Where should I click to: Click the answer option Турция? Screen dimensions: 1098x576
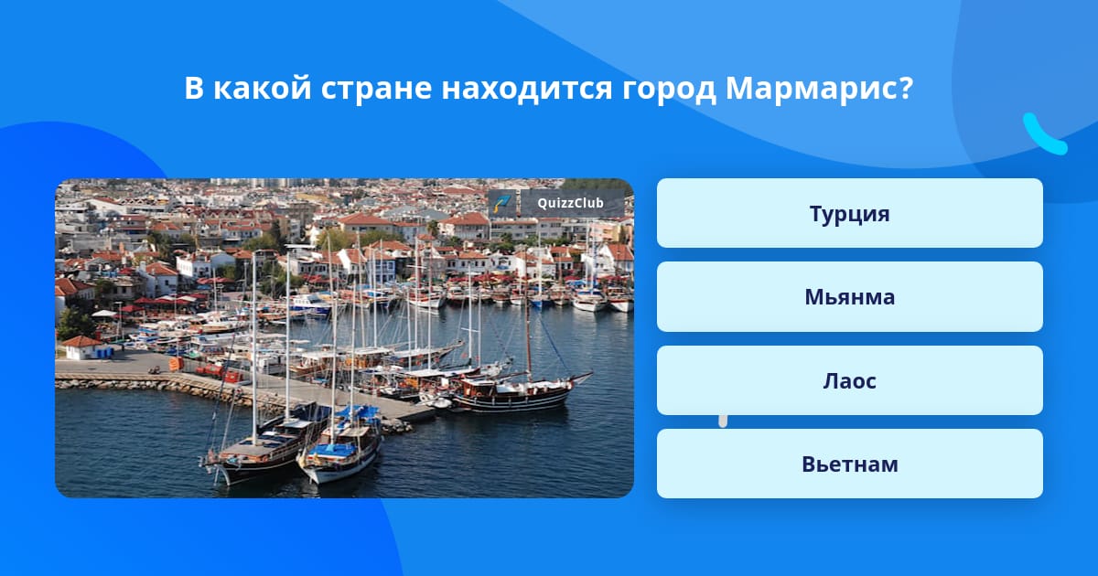click(849, 213)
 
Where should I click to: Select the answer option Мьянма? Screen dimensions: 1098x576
click(849, 297)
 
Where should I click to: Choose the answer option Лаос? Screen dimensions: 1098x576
click(849, 380)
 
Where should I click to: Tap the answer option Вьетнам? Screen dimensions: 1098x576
click(849, 464)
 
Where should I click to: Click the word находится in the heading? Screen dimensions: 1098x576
click(527, 90)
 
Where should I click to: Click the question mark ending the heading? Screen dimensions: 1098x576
click(907, 87)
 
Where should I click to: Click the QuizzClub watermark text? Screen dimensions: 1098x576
click(571, 203)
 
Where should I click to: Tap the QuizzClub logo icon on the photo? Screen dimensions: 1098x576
click(502, 203)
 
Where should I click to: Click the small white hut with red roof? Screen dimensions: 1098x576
click(81, 347)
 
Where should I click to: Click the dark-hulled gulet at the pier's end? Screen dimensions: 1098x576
click(514, 392)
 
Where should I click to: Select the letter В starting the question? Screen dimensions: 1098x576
click(194, 88)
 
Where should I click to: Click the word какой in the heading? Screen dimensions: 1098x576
click(263, 88)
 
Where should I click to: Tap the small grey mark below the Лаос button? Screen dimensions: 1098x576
click(723, 421)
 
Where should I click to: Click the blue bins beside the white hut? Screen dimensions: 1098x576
click(105, 353)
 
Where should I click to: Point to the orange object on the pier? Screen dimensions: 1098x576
click(176, 364)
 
